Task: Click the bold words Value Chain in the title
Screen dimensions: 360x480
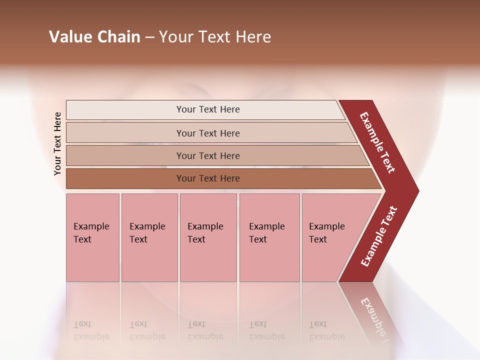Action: [94, 37]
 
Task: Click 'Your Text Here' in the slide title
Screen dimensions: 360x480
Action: [215, 37]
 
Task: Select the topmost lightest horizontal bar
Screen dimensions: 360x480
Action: [207, 109]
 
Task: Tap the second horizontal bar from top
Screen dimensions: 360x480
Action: [207, 133]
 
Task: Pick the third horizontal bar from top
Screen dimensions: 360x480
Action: [207, 155]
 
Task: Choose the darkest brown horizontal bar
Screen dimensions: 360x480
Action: [207, 178]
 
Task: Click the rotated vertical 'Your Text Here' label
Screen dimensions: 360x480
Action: [57, 143]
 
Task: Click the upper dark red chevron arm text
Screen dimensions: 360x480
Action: [378, 142]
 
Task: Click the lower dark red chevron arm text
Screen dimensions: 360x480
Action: [379, 236]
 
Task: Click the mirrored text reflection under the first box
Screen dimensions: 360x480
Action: [91, 330]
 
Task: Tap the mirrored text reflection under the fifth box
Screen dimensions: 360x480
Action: [327, 330]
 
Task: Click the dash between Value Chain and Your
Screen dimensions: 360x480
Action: [149, 37]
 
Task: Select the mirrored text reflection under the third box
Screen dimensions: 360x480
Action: [205, 330]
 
